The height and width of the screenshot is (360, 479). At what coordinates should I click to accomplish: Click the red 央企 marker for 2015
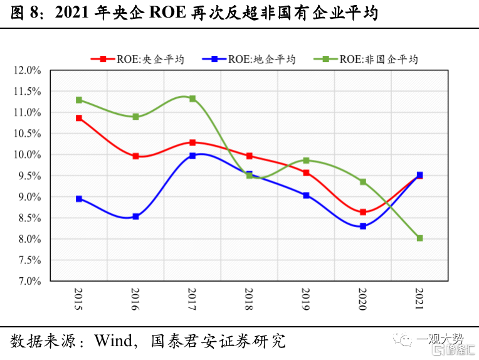point(79,118)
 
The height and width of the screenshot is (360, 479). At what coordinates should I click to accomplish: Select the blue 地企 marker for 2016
point(135,216)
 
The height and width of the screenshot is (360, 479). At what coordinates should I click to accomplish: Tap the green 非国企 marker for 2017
point(192,98)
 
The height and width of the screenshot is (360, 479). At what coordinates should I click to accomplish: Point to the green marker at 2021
point(419,238)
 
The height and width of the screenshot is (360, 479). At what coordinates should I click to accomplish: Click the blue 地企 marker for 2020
point(362,226)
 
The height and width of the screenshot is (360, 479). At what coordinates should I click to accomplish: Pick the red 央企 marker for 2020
point(362,212)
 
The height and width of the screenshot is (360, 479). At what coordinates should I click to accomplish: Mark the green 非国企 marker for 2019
point(306,160)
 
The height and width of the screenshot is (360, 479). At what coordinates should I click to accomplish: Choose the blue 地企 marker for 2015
point(79,199)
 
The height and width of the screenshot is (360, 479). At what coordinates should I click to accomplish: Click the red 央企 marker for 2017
point(192,142)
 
